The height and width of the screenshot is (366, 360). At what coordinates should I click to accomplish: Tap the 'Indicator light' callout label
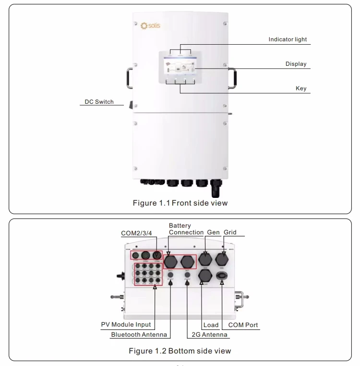point(288,39)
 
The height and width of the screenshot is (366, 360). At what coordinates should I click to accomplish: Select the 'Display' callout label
point(296,64)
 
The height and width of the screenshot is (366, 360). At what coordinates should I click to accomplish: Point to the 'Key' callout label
point(301,89)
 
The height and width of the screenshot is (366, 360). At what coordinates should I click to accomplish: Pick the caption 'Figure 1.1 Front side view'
point(180,203)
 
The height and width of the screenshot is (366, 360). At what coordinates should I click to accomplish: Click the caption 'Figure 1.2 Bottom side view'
point(180,351)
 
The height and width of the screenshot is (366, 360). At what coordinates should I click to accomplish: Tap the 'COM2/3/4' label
point(136,233)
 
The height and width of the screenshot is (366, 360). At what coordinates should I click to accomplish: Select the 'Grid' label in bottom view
point(230,232)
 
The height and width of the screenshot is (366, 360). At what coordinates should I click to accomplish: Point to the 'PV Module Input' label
point(126,325)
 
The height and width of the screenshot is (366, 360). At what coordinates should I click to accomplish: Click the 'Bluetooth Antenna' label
point(139,335)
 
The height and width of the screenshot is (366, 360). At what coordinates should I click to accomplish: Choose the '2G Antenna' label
point(208,335)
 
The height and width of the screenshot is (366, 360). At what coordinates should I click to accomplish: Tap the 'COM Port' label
point(243,325)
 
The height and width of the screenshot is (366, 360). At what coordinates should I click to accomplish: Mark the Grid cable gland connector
point(222,260)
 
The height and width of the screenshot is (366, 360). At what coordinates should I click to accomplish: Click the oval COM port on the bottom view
point(222,276)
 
